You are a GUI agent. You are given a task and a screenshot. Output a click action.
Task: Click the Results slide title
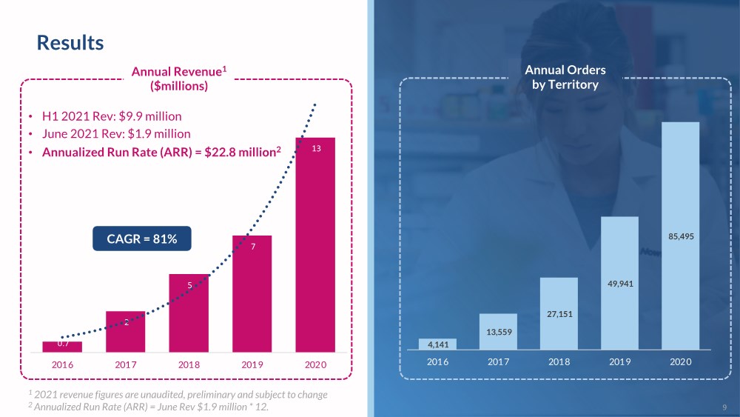click(x=70, y=43)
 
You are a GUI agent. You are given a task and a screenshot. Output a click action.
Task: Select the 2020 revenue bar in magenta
click(x=315, y=244)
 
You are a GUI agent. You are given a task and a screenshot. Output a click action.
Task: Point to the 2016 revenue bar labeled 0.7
click(x=62, y=346)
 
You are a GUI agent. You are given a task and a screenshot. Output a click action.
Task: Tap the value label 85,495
click(x=680, y=237)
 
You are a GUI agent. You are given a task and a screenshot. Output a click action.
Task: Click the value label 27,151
click(x=559, y=314)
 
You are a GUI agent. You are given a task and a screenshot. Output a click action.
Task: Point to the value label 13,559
click(x=498, y=332)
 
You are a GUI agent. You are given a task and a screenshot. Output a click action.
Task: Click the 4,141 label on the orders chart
click(x=437, y=344)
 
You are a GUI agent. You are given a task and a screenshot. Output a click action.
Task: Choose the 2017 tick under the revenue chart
click(x=125, y=365)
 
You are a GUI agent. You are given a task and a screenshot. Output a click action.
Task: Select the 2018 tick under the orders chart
click(x=559, y=361)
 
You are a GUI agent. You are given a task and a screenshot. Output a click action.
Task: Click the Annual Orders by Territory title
click(x=565, y=77)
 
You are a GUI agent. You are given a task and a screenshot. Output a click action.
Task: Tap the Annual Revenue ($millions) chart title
click(x=178, y=79)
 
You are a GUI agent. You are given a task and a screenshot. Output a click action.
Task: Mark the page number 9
click(x=724, y=407)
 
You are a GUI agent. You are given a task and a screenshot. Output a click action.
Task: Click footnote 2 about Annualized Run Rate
click(x=148, y=407)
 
